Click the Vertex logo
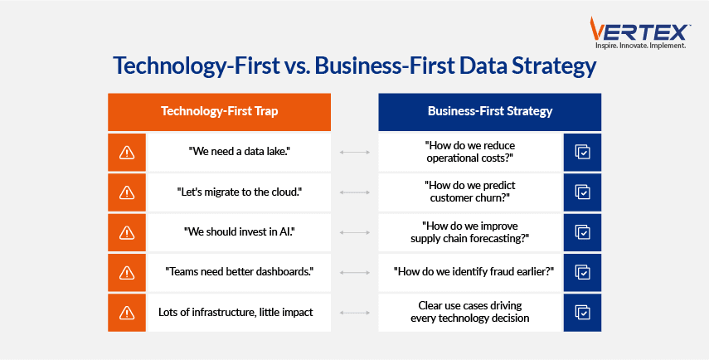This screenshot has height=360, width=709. tap(640, 32)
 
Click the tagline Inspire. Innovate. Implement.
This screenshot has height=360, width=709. tap(640, 46)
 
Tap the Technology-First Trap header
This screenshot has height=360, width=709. tap(219, 111)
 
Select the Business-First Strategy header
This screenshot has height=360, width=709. tap(490, 111)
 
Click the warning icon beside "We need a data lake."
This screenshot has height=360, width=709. tap(127, 153)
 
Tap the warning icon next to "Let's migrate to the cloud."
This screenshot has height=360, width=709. tap(127, 192)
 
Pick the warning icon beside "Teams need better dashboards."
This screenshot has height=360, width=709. tap(127, 273)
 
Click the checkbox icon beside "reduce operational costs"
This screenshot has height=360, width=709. tap(582, 152)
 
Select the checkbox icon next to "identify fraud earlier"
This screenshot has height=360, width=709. tap(582, 272)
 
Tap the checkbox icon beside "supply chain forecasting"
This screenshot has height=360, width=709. tap(582, 232)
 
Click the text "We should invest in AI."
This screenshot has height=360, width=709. tap(239, 232)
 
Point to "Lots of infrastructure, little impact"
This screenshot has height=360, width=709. tap(236, 313)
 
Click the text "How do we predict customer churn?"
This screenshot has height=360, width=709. tap(470, 192)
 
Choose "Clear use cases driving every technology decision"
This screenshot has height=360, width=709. tap(470, 312)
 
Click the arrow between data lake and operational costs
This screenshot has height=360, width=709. tap(355, 153)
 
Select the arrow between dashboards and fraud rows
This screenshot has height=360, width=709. tap(355, 273)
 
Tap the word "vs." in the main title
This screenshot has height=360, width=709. tap(297, 66)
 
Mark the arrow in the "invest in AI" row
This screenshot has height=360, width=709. tap(355, 232)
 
